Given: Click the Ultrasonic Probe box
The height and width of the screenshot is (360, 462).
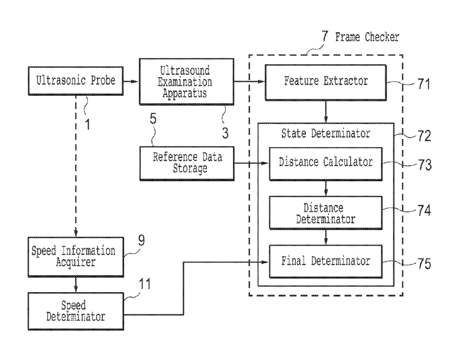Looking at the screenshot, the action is [76, 81].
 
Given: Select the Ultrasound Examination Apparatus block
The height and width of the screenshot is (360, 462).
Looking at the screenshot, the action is [186, 82].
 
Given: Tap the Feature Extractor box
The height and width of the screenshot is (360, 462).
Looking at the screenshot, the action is [326, 83].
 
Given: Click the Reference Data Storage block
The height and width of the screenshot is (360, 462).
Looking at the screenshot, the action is [187, 163].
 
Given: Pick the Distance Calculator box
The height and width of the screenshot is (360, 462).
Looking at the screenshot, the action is [326, 164].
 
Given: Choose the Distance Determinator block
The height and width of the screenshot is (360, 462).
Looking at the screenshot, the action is [326, 213].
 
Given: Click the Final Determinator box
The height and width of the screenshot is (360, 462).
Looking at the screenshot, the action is [326, 261].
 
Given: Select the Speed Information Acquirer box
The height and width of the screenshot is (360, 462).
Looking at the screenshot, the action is [76, 257].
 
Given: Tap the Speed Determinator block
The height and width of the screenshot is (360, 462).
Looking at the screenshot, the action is [76, 311].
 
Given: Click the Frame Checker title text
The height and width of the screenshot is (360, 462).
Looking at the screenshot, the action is [367, 37].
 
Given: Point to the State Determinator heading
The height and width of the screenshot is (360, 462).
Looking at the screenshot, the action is [326, 133].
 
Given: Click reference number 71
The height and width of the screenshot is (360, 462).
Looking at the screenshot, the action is [424, 84].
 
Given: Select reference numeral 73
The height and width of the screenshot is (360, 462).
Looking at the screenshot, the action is [424, 165].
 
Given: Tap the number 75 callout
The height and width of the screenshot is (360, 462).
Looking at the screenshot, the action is [424, 264].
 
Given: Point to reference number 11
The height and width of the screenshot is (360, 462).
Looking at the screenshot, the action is [145, 284].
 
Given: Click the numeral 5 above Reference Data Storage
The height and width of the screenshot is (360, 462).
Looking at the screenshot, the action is [153, 119].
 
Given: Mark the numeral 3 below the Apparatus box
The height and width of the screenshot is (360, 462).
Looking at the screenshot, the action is [225, 133].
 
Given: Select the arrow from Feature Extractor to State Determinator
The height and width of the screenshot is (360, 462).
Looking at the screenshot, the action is [326, 112].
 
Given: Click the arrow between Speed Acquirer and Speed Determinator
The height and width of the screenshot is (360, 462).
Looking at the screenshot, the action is [76, 285].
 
